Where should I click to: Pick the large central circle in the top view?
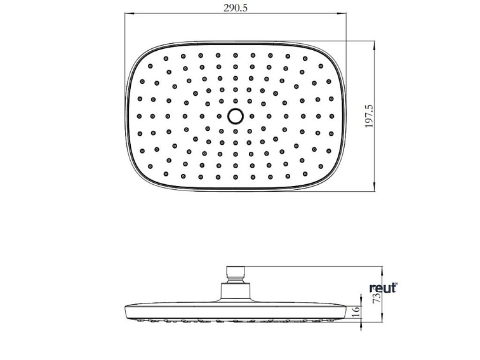235,116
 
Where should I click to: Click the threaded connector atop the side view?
235,274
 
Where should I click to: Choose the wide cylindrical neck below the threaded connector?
235,292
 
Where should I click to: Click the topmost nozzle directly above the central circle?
235,55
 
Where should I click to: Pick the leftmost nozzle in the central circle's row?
141,116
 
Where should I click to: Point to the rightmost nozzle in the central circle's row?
330,116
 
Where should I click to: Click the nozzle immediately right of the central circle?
252,116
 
